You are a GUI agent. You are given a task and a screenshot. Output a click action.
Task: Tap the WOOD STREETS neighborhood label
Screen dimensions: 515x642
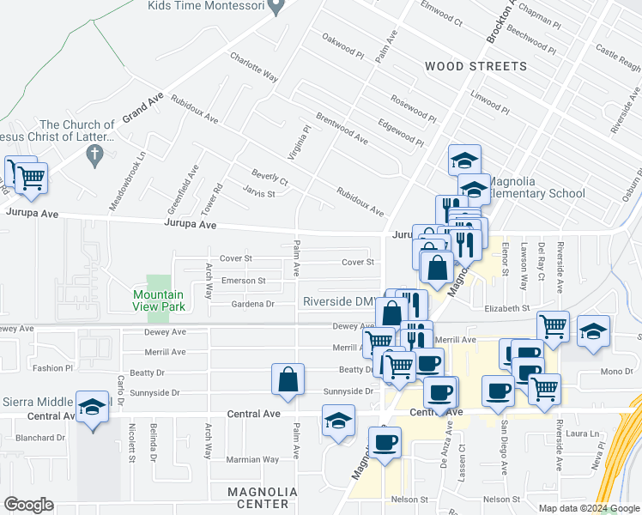tap(475, 66)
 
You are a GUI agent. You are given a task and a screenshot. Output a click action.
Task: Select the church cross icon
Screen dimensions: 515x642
tap(95, 155)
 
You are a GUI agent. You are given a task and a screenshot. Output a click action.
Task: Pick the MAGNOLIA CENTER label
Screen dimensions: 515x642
tap(263, 492)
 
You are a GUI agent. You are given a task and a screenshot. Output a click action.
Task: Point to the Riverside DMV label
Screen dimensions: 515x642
tap(338, 301)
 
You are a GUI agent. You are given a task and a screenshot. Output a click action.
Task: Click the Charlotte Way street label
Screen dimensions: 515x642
tap(253, 68)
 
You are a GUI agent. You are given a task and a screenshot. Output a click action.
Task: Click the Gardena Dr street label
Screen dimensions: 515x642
tap(252, 304)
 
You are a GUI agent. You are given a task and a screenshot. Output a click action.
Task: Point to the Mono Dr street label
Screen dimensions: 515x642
tap(616, 372)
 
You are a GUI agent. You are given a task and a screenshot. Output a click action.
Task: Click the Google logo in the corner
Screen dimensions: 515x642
tap(28, 505)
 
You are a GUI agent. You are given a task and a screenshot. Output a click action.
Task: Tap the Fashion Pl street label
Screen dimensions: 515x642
tap(53, 368)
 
